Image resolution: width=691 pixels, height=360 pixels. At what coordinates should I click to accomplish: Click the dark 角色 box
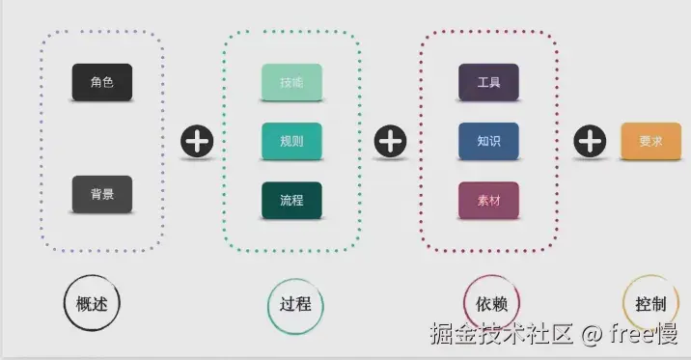pos(101,82)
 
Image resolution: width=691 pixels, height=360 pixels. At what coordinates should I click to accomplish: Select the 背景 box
pos(101,194)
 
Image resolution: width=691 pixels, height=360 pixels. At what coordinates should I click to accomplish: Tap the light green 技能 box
pos(291,82)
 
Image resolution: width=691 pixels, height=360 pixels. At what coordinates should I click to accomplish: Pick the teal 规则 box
pos(291,141)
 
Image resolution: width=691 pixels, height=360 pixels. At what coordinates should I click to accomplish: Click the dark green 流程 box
pos(291,200)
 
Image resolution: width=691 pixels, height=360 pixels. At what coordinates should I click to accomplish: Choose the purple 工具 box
pos(488,82)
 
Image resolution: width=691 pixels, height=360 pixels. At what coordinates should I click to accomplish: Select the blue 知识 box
pos(488,141)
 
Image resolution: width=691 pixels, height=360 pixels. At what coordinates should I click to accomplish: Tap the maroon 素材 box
pos(488,200)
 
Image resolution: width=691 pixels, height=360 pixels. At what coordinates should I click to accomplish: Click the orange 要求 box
pos(650,141)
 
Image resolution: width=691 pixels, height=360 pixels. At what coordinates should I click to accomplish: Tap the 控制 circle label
pos(650,303)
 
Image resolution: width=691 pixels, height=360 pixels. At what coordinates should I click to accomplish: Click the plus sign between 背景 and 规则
pos(197,142)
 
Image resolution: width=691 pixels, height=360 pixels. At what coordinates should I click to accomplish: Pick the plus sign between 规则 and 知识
pos(390,142)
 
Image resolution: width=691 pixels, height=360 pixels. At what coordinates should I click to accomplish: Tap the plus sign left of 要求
pos(589,142)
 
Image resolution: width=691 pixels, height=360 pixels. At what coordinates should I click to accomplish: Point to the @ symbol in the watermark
pos(592,334)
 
